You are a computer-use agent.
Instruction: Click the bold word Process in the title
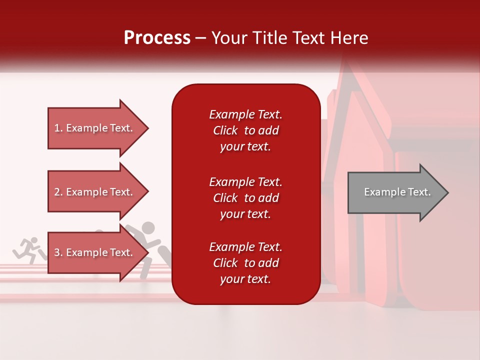[157, 38]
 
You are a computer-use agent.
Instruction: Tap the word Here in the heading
[349, 38]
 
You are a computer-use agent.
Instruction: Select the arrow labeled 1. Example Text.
[95, 128]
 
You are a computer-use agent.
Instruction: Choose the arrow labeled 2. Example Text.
[95, 192]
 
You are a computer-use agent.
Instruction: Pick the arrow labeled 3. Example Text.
[95, 252]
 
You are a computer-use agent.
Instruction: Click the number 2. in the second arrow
[58, 192]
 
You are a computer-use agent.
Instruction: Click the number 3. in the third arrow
[58, 252]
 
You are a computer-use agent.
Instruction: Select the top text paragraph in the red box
[245, 130]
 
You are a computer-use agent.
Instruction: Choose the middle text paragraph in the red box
[245, 198]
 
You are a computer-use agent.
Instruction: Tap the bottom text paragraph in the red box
[245, 263]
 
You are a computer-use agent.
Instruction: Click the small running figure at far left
[28, 250]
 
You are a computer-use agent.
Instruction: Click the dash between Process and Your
[201, 38]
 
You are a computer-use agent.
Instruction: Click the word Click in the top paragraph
[225, 130]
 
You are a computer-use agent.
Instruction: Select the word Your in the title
[229, 38]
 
